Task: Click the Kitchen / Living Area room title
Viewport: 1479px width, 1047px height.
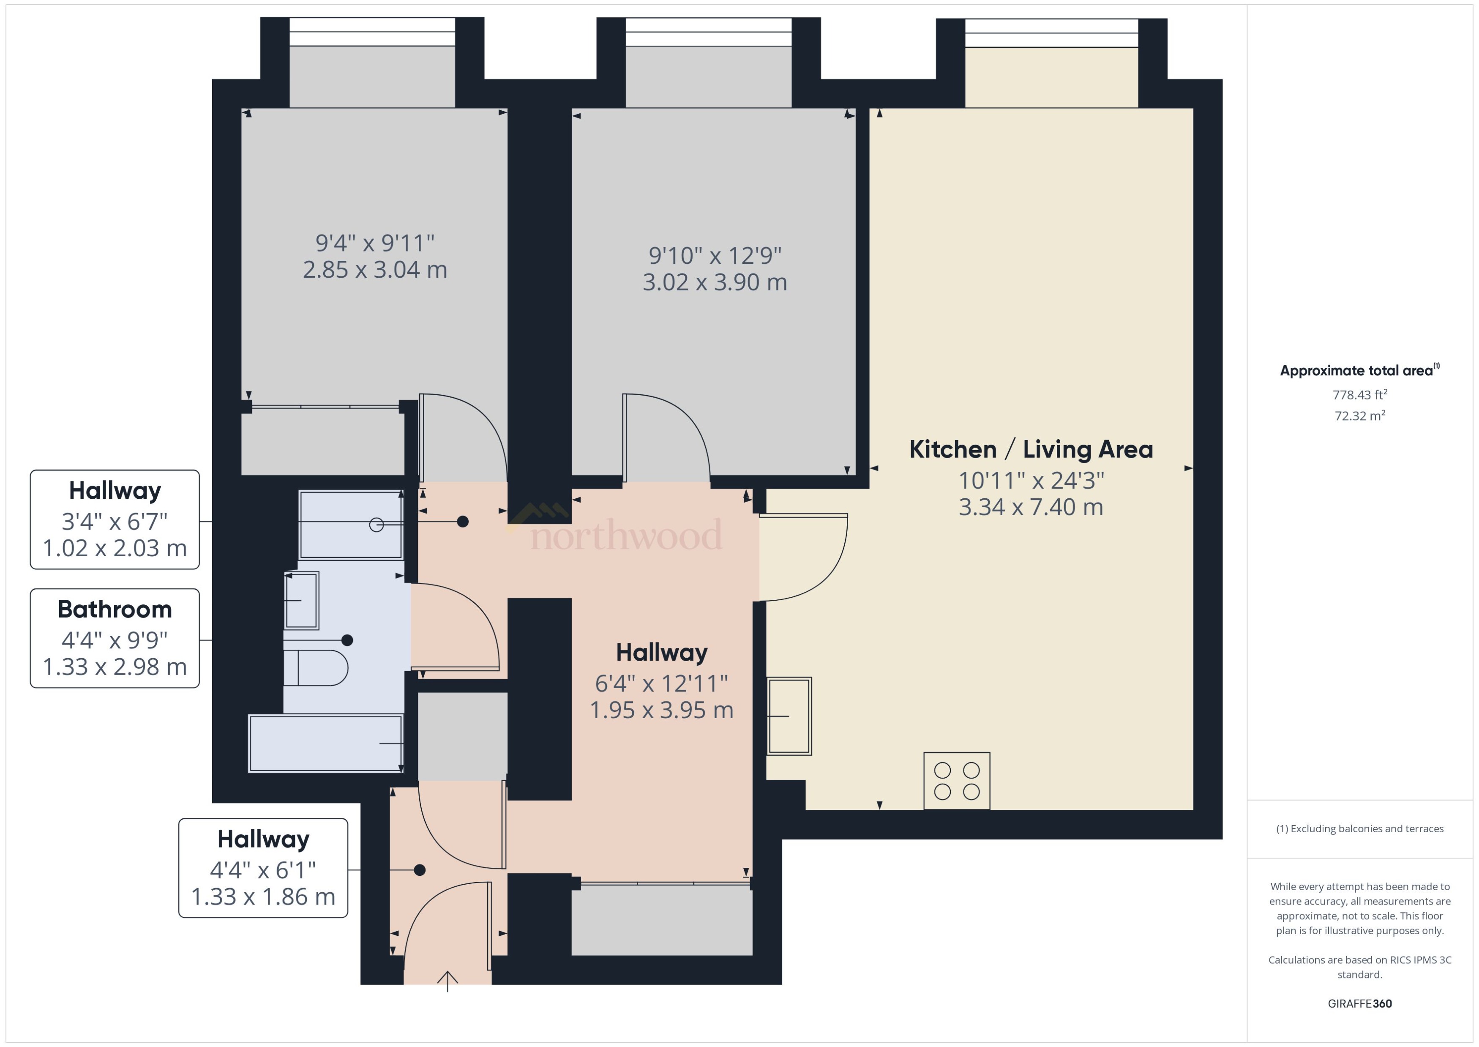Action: tap(1031, 449)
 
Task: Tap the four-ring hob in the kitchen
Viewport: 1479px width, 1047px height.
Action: tap(956, 781)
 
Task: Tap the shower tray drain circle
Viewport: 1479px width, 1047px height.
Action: tap(377, 525)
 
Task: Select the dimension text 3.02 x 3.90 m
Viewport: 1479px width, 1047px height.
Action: tap(714, 282)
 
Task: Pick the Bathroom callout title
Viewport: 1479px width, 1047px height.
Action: tap(115, 609)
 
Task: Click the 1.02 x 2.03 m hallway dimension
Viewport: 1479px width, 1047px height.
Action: tap(115, 548)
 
